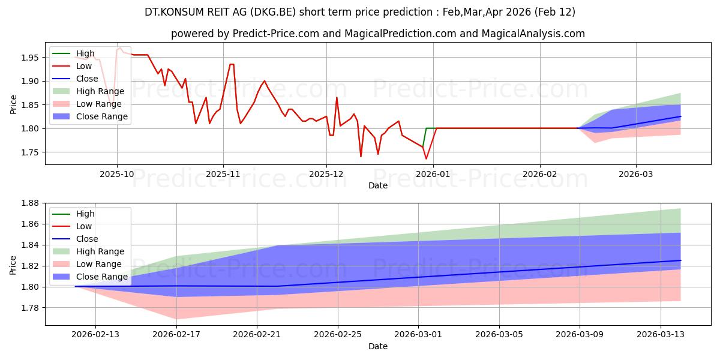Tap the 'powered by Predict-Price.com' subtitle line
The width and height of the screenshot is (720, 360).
377,34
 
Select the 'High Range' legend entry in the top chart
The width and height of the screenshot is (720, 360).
100,91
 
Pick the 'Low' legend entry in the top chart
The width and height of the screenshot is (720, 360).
84,66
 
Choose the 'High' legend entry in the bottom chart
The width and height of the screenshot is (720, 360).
86,214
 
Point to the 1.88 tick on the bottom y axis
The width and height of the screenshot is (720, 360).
30,203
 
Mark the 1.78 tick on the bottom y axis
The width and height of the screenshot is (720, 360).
30,308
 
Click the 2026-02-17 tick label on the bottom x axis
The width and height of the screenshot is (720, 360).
176,334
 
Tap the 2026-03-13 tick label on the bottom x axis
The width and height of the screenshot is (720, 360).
661,334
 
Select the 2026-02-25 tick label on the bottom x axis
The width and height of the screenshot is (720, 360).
338,334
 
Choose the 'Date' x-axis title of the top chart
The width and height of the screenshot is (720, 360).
377,185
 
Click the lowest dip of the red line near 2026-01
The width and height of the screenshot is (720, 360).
426,159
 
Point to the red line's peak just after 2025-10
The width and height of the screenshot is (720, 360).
120,47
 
